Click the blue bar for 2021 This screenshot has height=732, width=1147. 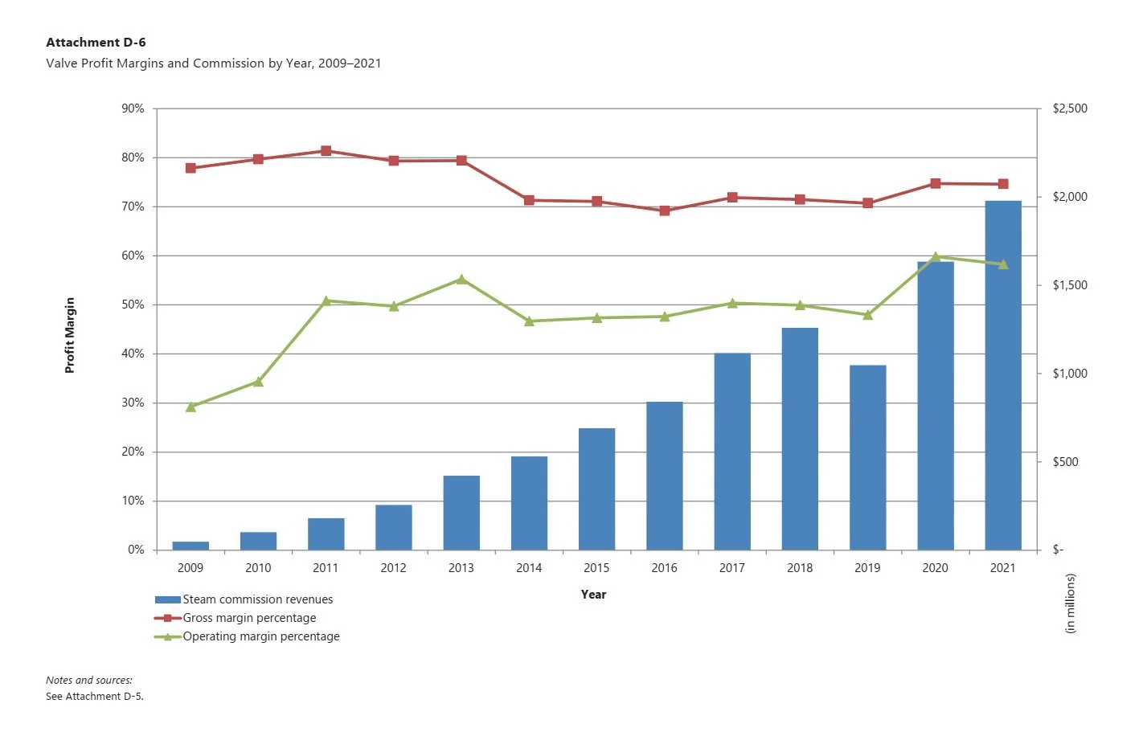tap(1002, 375)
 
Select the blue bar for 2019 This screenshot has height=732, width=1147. tap(867, 457)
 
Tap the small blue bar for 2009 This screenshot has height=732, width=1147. tap(190, 546)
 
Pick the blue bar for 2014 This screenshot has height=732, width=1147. tap(529, 503)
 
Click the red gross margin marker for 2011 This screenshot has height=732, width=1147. tap(326, 151)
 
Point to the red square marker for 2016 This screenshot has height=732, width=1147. tap(664, 211)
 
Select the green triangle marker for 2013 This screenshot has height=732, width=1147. tap(461, 280)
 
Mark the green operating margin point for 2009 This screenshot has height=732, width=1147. tap(190, 407)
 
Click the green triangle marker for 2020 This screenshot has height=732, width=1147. tap(935, 257)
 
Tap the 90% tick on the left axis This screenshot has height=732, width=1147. tap(133, 108)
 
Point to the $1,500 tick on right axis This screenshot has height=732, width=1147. tap(1069, 285)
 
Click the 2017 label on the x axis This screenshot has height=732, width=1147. tap(731, 568)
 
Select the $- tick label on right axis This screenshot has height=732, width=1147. tap(1058, 550)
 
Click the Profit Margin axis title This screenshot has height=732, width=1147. tap(70, 335)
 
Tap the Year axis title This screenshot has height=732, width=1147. tap(593, 595)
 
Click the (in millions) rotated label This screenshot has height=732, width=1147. tap(1070, 603)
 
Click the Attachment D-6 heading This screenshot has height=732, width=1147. tap(96, 43)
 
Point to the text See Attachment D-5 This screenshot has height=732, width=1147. tap(94, 697)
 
